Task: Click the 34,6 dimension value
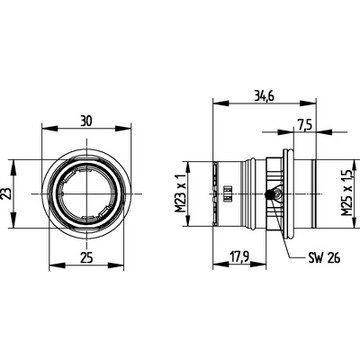coord(264,96)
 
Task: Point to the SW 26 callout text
coord(324,257)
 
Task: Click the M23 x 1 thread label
coord(181,193)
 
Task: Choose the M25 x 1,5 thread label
coord(347,193)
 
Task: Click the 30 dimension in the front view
coord(86,121)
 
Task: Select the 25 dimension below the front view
coord(86,257)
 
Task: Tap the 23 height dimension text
coord(6,194)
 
